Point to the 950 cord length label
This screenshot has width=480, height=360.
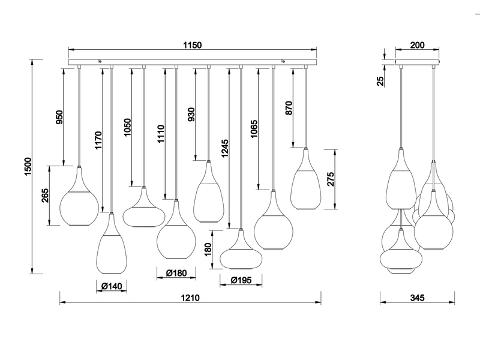(x=59, y=117)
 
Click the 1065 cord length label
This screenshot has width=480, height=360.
(x=254, y=130)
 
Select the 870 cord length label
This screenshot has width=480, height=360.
(x=289, y=108)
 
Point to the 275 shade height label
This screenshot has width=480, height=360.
(x=331, y=179)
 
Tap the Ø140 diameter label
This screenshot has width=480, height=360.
(x=112, y=287)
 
